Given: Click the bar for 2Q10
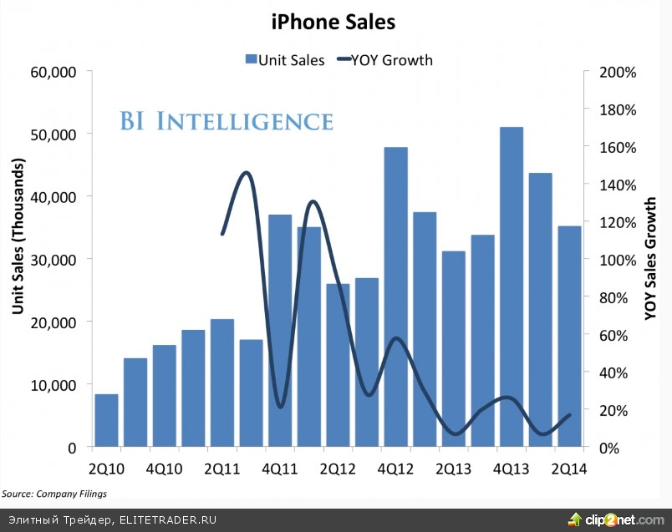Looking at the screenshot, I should pos(106,420).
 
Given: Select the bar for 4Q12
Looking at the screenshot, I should pos(395,296).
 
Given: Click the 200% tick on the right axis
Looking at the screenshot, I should pos(618,72).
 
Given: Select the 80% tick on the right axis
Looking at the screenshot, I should pos(614,297).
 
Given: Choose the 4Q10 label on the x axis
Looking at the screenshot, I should pos(164,468).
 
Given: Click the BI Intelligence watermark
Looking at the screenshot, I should pos(226,121).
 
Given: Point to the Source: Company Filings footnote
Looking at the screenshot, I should pos(54,494).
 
